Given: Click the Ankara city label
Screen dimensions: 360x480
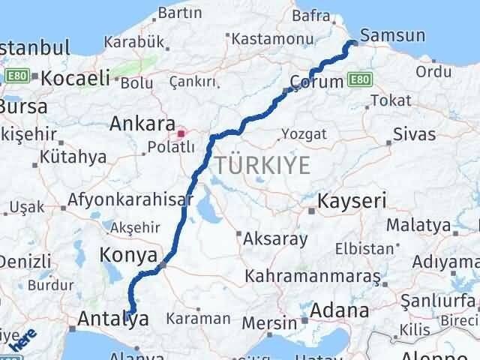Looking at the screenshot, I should coord(142,123).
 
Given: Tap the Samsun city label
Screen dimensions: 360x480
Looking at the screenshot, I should coord(392,35).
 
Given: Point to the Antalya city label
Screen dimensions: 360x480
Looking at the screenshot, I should coord(112,320).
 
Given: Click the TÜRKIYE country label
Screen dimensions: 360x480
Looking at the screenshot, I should coord(262,165).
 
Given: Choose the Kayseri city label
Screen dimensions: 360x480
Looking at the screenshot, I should coord(352,201).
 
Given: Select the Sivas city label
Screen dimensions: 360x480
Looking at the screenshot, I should coord(414,135).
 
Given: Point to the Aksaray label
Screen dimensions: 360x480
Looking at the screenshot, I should coord(277,239).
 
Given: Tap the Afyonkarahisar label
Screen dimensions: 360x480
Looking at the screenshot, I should coord(130,201).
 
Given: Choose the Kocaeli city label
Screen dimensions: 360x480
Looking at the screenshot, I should coord(76,78).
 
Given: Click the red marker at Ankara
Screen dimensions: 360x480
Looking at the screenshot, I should coord(181,134).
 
